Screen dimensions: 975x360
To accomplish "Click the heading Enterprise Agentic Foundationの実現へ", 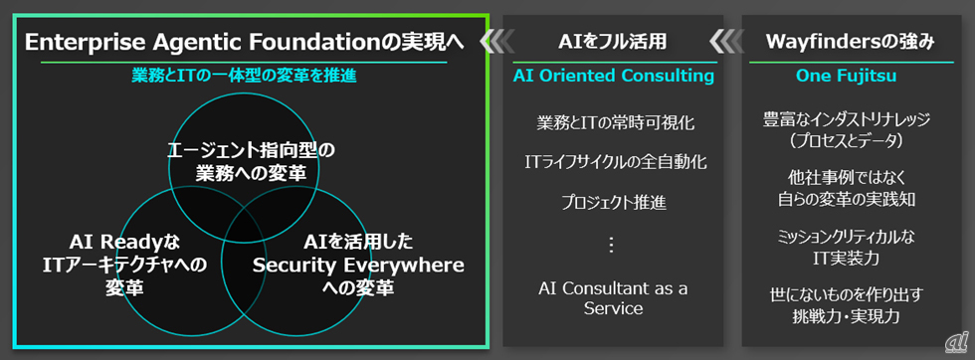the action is click(245, 43).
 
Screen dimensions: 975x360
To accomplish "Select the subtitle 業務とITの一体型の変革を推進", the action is click(244, 76).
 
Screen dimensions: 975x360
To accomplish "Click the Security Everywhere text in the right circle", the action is click(358, 265).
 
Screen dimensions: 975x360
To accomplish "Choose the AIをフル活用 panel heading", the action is click(613, 42).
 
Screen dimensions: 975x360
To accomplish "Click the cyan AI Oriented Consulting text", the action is click(613, 76).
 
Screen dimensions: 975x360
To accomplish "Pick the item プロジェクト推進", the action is click(614, 203).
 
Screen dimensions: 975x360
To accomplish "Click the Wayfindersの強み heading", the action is click(850, 42).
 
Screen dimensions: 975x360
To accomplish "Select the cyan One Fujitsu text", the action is click(850, 76).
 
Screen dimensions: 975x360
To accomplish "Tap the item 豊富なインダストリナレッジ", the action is click(850, 118).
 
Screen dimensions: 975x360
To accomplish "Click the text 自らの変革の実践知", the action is click(850, 199).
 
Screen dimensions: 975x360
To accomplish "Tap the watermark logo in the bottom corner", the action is click(957, 342).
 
